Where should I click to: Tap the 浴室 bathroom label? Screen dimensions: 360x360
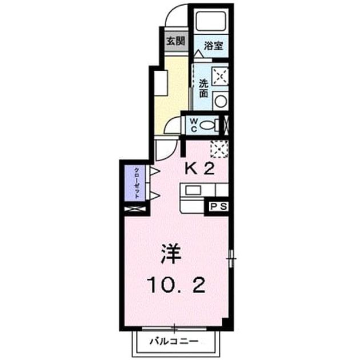[x=213, y=46]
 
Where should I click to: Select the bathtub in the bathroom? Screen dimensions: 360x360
[x=211, y=21]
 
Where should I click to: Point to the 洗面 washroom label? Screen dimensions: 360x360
[x=203, y=88]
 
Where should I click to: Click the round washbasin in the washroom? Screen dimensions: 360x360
[x=221, y=101]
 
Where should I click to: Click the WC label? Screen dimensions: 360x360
[x=194, y=125]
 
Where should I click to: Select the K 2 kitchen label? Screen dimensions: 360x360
[x=199, y=169]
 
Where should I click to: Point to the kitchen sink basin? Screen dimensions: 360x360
[x=193, y=190]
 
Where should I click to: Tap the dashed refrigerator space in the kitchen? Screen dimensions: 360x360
[x=219, y=149]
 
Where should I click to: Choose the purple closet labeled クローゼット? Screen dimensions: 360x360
[x=135, y=183]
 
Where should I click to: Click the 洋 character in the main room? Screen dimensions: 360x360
[x=171, y=254]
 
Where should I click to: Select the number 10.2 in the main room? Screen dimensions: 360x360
[x=177, y=285]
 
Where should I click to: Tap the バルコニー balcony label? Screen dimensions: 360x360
[x=174, y=341]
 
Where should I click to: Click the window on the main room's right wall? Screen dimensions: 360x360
[x=231, y=258]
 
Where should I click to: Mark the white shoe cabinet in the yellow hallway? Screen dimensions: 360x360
[x=161, y=83]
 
